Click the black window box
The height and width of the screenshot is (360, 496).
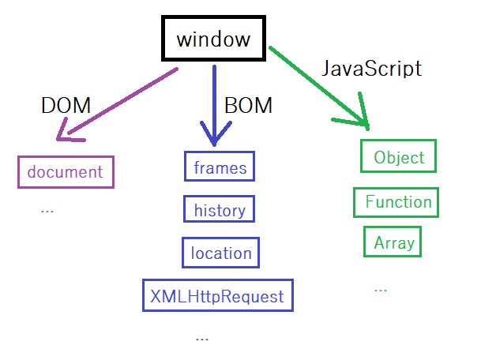[x=212, y=39]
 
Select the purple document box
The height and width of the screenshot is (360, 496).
[x=66, y=171]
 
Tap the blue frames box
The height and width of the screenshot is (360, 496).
[x=220, y=167]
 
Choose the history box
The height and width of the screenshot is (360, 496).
[x=220, y=210]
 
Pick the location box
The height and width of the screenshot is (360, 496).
[x=221, y=253]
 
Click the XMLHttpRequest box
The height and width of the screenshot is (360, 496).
[x=217, y=296]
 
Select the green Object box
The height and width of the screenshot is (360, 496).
[x=399, y=157]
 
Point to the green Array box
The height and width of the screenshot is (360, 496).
[x=393, y=242]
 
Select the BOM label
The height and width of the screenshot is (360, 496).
[x=248, y=104]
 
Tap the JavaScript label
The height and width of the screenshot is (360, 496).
[x=371, y=68]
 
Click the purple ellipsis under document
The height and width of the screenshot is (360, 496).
[x=47, y=211]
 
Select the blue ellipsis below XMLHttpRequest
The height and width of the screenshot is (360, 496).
[x=201, y=337]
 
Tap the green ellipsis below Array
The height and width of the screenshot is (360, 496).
[x=381, y=289]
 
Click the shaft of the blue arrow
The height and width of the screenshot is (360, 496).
[x=214, y=95]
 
